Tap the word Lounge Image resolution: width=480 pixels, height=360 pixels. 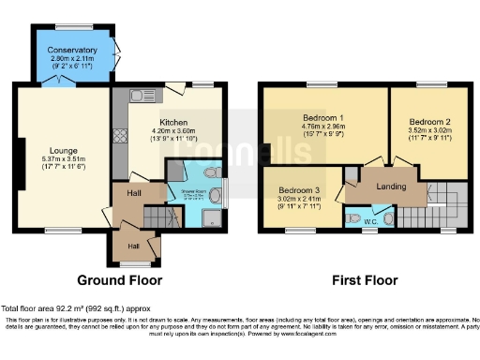pyautogui.click(x=64, y=150)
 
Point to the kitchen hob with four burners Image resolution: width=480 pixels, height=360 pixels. pyautogui.click(x=119, y=135)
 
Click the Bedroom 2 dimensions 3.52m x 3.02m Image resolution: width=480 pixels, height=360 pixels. pyautogui.click(x=427, y=131)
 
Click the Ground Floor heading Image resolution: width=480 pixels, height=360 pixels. pyautogui.click(x=119, y=279)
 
